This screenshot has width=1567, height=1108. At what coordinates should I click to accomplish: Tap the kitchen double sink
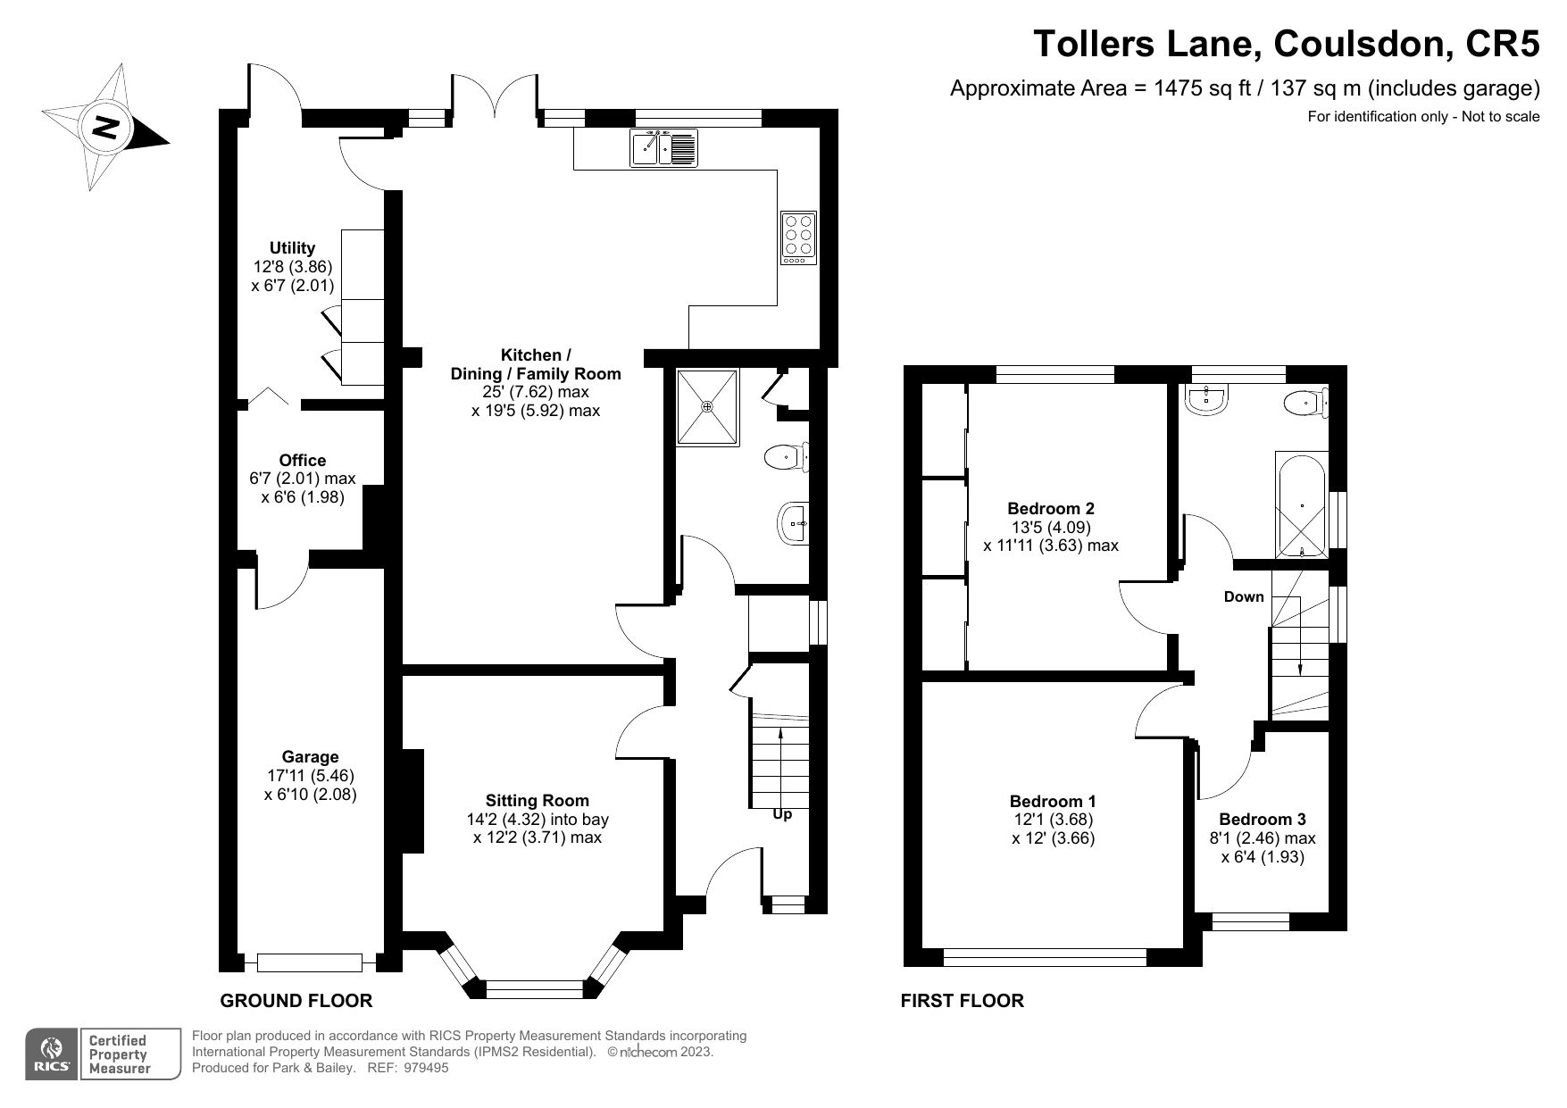pyautogui.click(x=663, y=147)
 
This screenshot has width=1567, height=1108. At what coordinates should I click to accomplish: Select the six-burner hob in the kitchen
pyautogui.click(x=798, y=237)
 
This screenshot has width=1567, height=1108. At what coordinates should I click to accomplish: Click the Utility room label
pyautogui.click(x=293, y=248)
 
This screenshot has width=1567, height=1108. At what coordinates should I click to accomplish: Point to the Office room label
pyautogui.click(x=302, y=461)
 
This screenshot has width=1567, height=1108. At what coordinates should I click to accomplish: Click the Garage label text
pyautogui.click(x=310, y=757)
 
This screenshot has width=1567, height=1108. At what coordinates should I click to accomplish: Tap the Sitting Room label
pyautogui.click(x=537, y=801)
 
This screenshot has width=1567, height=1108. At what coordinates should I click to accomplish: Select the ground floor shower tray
pyautogui.click(x=707, y=406)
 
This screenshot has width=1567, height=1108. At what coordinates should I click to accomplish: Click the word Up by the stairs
pyautogui.click(x=781, y=814)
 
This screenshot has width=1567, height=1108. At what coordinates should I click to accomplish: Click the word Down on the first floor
pyautogui.click(x=1244, y=597)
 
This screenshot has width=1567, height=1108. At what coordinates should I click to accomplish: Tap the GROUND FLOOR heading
pyautogui.click(x=296, y=1001)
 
